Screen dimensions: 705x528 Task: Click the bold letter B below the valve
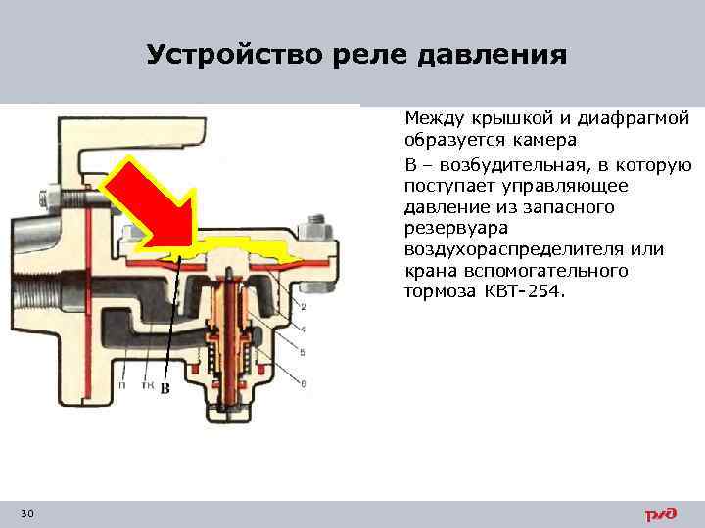pos(165,389)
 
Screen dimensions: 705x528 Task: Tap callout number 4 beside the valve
pos(302,329)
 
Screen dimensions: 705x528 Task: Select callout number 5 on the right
pos(302,351)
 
